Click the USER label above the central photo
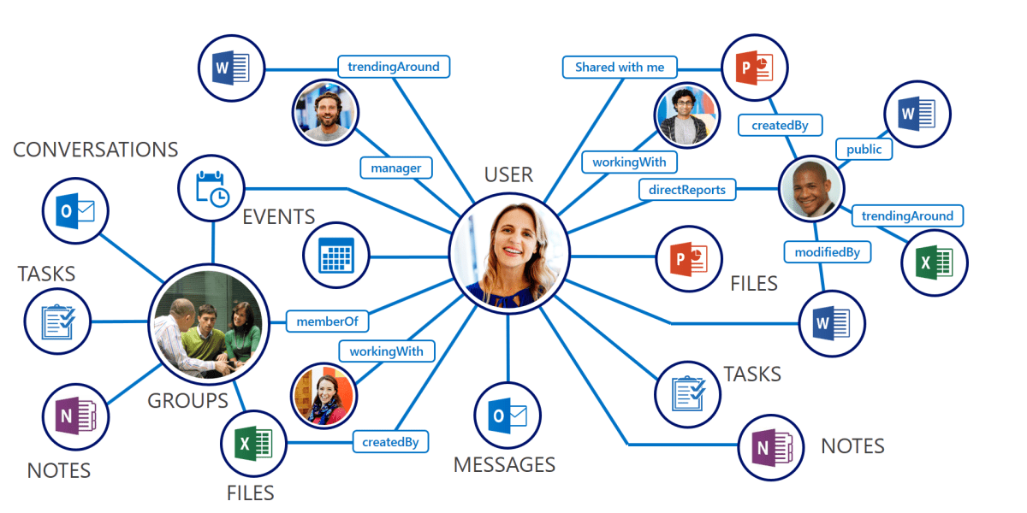pyautogui.click(x=508, y=175)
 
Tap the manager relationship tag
pyautogui.click(x=395, y=168)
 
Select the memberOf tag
pyautogui.click(x=327, y=321)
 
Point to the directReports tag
pyautogui.click(x=687, y=190)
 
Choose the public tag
pyautogui.click(x=864, y=149)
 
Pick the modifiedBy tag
pyautogui.click(x=828, y=252)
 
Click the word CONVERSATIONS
pyautogui.click(x=96, y=150)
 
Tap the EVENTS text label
pyautogui.click(x=279, y=217)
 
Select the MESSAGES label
pyautogui.click(x=504, y=465)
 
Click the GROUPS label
pyautogui.click(x=188, y=401)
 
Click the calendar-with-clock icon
pyautogui.click(x=211, y=188)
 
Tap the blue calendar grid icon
pyautogui.click(x=335, y=255)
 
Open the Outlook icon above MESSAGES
pyautogui.click(x=508, y=416)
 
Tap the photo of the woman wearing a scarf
pyautogui.click(x=324, y=395)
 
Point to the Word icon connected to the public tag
pyautogui.click(x=917, y=114)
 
